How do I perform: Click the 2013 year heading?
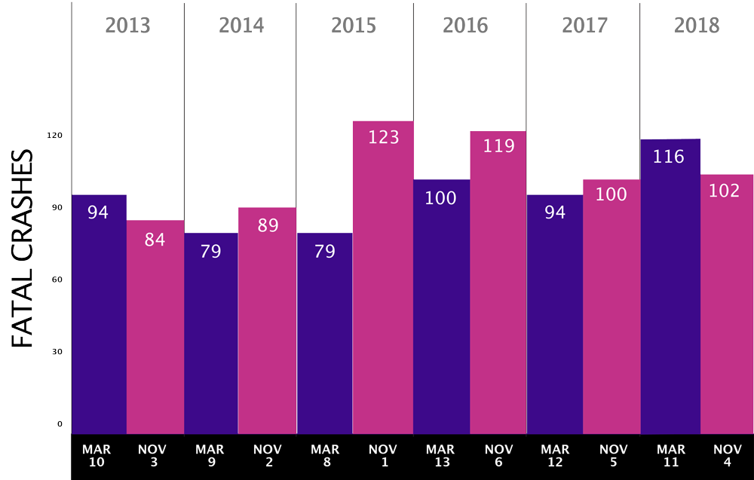coord(127,26)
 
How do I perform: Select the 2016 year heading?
coord(465,26)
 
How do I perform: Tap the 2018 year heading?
coord(697,26)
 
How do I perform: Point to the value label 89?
coord(268,225)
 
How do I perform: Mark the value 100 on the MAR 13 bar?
coord(440,198)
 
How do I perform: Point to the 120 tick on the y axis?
coord(55,136)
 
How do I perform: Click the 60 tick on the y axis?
coord(55,280)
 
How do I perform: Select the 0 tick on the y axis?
coord(60,424)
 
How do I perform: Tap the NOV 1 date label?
coord(383,456)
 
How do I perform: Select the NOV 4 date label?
coord(727,456)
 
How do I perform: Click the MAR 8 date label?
coord(325,456)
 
